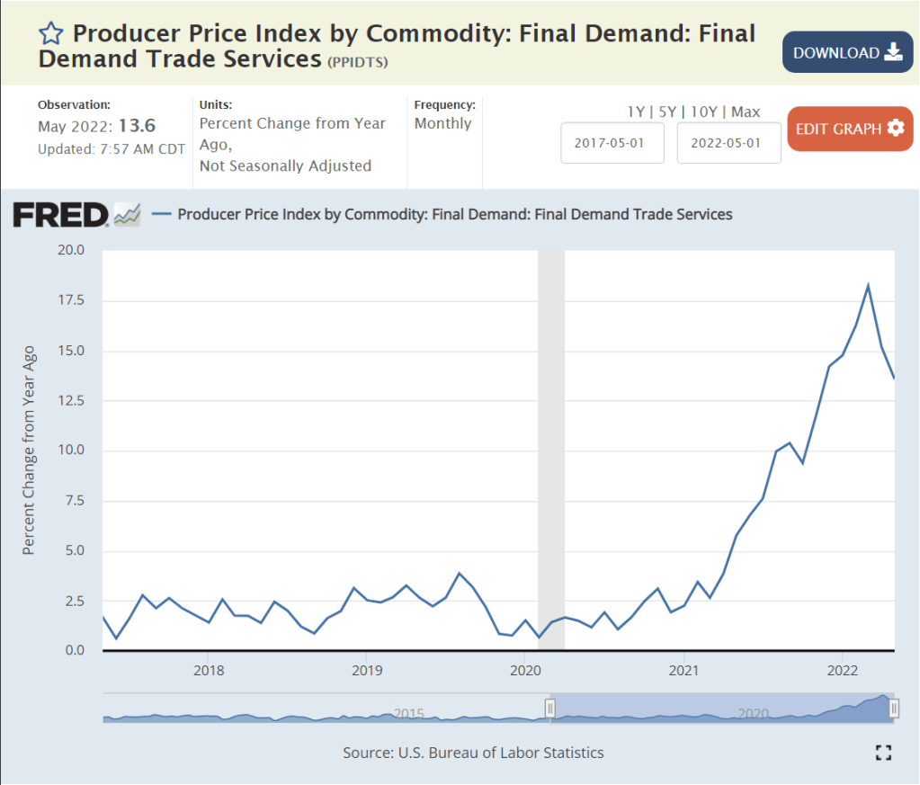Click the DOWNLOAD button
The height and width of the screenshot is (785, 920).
(846, 52)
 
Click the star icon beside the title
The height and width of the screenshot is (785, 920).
(51, 34)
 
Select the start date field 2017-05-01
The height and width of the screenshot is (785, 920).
(612, 143)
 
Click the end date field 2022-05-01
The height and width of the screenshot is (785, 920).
(728, 143)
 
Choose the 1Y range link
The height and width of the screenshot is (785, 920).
(636, 112)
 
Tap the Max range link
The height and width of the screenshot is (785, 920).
(746, 112)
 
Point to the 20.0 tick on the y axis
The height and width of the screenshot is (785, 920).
(69, 250)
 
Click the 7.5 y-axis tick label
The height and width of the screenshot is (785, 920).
(73, 501)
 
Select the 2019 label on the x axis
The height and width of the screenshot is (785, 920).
(367, 670)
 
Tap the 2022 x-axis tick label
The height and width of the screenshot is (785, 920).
(843, 670)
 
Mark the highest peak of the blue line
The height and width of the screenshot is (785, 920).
(868, 286)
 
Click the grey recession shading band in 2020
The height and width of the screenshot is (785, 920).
(550, 450)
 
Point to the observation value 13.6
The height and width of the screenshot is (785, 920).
(137, 126)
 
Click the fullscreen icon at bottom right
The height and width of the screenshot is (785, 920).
(883, 753)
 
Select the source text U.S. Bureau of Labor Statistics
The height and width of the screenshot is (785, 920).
(473, 753)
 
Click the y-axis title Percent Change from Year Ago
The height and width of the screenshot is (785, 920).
(29, 450)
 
